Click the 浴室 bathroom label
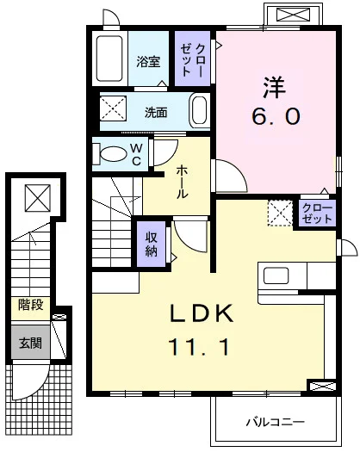click(x=148, y=61)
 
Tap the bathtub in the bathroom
click(x=109, y=59)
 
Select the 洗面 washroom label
click(x=156, y=113)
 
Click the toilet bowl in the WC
click(x=110, y=154)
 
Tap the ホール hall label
click(x=182, y=182)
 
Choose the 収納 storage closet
click(x=152, y=244)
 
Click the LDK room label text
click(x=202, y=313)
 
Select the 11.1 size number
click(x=199, y=347)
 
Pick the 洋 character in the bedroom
click(x=274, y=87)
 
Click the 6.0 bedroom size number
click(x=276, y=116)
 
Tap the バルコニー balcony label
click(x=275, y=423)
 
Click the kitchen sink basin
click(x=276, y=276)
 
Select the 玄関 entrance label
click(x=31, y=343)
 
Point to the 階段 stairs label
click(x=31, y=305)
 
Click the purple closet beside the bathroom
click(x=192, y=59)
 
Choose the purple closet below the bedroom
click(x=317, y=213)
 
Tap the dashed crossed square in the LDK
click(x=280, y=213)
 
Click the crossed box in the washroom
click(x=113, y=108)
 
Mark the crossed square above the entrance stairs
click(x=38, y=198)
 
